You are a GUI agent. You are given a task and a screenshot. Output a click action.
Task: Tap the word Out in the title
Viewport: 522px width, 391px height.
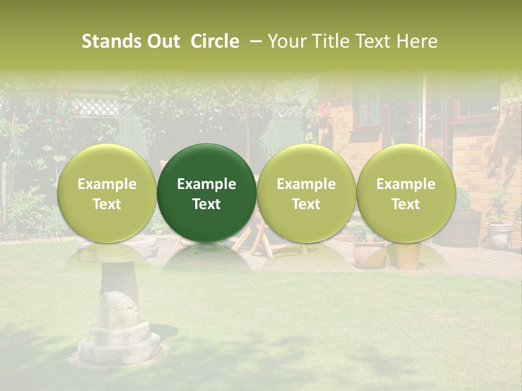point(162,41)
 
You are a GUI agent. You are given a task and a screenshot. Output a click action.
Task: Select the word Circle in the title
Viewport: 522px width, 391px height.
point(215,41)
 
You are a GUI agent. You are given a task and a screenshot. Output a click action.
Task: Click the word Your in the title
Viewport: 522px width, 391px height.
point(287,41)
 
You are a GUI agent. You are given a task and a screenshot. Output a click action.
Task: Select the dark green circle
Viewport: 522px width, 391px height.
point(207,193)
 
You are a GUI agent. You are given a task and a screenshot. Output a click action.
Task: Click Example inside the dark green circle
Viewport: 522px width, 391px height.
point(207,184)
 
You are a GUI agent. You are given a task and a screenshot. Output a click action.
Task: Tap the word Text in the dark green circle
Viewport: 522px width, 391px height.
point(207,204)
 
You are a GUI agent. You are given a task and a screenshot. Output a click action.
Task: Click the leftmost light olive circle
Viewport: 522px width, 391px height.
point(107,193)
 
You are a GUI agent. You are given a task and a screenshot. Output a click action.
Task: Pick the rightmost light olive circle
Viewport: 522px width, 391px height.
point(406,193)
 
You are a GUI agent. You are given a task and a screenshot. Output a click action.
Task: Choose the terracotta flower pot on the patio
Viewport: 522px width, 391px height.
point(369,253)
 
